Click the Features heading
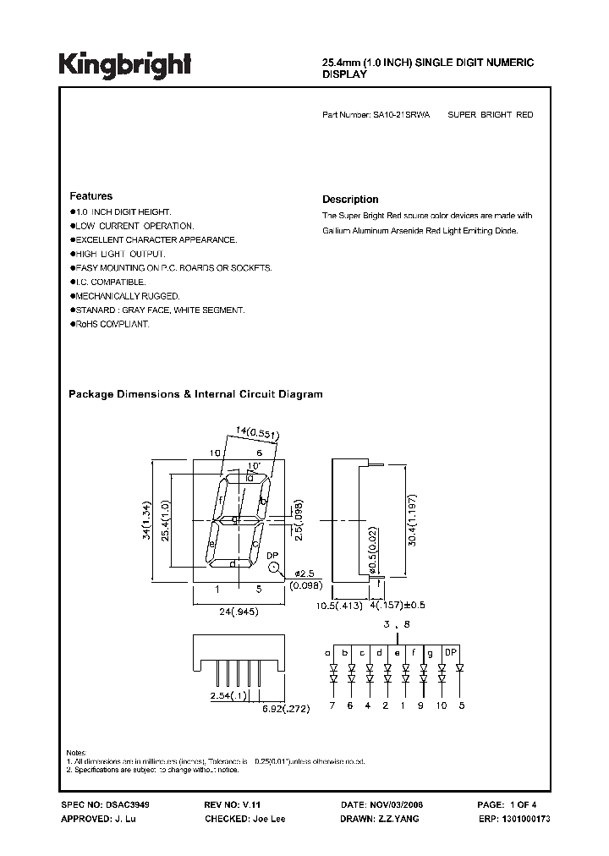click(x=91, y=195)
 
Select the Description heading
click(x=350, y=200)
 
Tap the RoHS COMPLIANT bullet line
click(x=111, y=325)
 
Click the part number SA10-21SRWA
click(x=401, y=114)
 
